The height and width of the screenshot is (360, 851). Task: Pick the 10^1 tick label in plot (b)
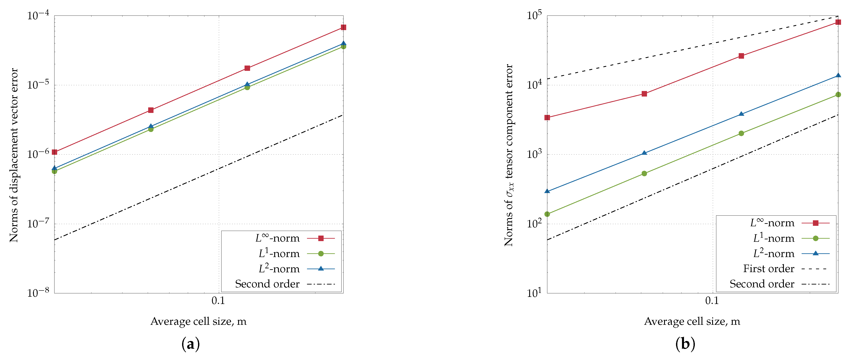click(534, 293)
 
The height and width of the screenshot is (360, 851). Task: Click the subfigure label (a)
click(191, 344)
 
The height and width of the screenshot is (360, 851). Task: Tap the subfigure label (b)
click(685, 344)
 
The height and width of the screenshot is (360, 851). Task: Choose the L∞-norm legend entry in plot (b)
click(772, 223)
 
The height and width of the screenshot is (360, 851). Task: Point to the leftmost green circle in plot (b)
click(547, 214)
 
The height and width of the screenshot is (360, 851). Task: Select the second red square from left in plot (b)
click(644, 94)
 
